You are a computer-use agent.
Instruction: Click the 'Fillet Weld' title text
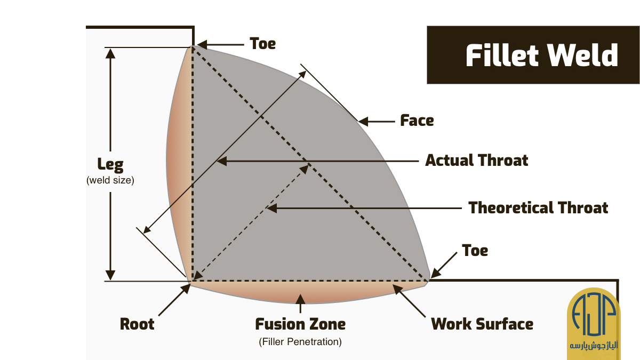click(x=542, y=55)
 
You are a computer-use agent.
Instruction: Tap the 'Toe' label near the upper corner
click(x=262, y=44)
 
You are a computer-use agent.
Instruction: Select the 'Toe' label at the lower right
click(x=475, y=251)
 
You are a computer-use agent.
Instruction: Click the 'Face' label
click(x=417, y=121)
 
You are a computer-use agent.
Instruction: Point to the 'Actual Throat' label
click(x=477, y=161)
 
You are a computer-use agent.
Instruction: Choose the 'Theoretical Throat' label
click(x=538, y=207)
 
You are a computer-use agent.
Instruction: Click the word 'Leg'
click(x=110, y=165)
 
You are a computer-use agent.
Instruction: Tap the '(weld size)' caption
click(x=110, y=180)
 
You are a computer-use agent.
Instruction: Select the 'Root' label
click(x=137, y=324)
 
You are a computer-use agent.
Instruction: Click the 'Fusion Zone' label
click(x=300, y=324)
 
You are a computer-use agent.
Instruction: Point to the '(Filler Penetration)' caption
click(x=300, y=342)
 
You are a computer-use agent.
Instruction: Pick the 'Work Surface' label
click(x=482, y=324)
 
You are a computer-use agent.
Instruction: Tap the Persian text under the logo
click(x=594, y=346)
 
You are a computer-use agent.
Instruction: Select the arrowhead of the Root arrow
click(x=186, y=289)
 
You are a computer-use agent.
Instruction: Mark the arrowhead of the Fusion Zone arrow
click(x=300, y=299)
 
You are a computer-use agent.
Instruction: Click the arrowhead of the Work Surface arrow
click(x=397, y=290)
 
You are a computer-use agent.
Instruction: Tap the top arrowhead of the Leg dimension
click(x=110, y=53)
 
